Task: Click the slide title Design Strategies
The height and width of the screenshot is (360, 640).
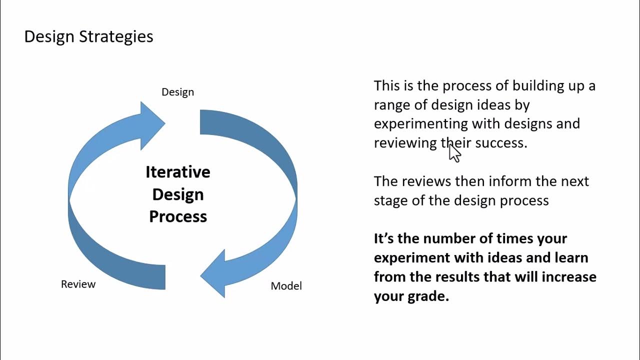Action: coord(88,36)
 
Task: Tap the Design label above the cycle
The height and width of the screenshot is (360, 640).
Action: coord(177,92)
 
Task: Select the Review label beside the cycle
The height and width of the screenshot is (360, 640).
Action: coord(78,284)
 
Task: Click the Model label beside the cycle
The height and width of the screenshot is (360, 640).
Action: coord(286,286)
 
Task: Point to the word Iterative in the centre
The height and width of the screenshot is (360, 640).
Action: coord(177,172)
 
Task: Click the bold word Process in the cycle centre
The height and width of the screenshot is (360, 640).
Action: coord(178,216)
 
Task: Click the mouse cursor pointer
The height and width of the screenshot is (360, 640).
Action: coord(453,152)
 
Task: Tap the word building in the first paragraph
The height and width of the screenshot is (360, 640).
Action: coord(539,85)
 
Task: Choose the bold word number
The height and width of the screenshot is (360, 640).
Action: coord(453,238)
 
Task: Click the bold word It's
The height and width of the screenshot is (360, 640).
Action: coord(383,238)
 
